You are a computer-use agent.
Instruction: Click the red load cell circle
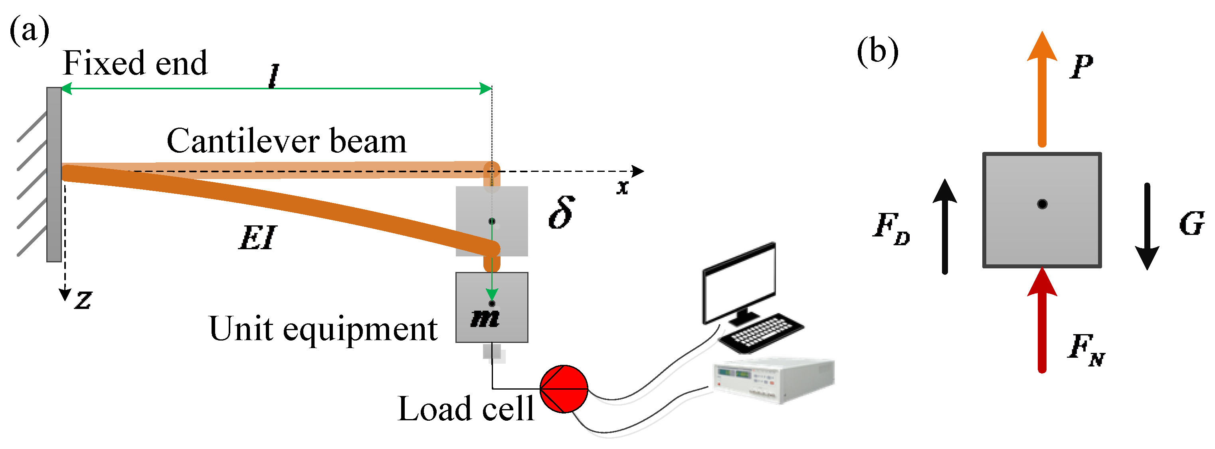coord(564,389)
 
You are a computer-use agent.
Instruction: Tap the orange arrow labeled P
coord(1042,89)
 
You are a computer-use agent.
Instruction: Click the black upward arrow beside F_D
coord(945,226)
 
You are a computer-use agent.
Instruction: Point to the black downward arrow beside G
coord(1147,226)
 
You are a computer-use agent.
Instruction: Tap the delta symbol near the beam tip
coord(562,213)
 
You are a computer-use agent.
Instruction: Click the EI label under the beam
coord(257,238)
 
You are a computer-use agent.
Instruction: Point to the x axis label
coord(623,187)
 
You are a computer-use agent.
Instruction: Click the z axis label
coord(83,300)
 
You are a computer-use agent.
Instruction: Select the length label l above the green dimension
coord(273,76)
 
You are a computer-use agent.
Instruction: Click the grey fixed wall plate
coord(54,174)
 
